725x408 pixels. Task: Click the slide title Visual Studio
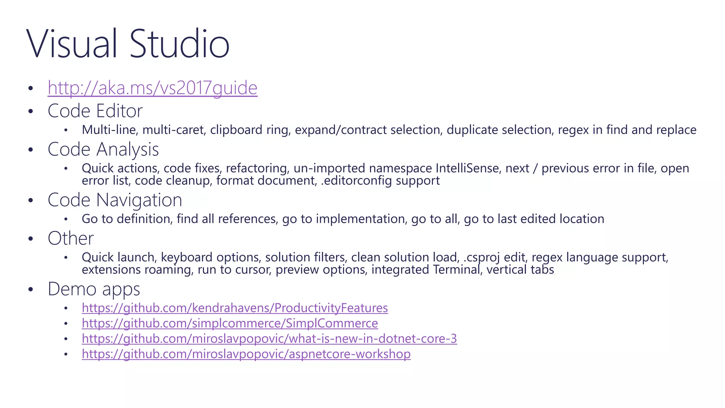tap(128, 44)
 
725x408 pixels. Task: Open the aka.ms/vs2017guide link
tap(153, 88)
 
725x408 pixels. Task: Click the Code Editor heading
tap(95, 111)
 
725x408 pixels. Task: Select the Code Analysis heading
tap(103, 149)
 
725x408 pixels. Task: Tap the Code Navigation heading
tap(115, 200)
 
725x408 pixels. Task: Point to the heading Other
tap(71, 238)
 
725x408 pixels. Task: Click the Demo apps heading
tap(94, 289)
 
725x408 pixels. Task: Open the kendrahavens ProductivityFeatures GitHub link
tap(235, 308)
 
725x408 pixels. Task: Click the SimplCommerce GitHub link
tap(230, 323)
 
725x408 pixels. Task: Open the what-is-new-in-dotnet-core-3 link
tap(269, 339)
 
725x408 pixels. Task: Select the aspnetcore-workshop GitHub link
tap(246, 354)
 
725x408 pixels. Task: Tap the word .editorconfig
tap(356, 181)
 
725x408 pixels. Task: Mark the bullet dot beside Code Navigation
tap(31, 200)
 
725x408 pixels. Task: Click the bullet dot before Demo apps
tap(31, 289)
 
